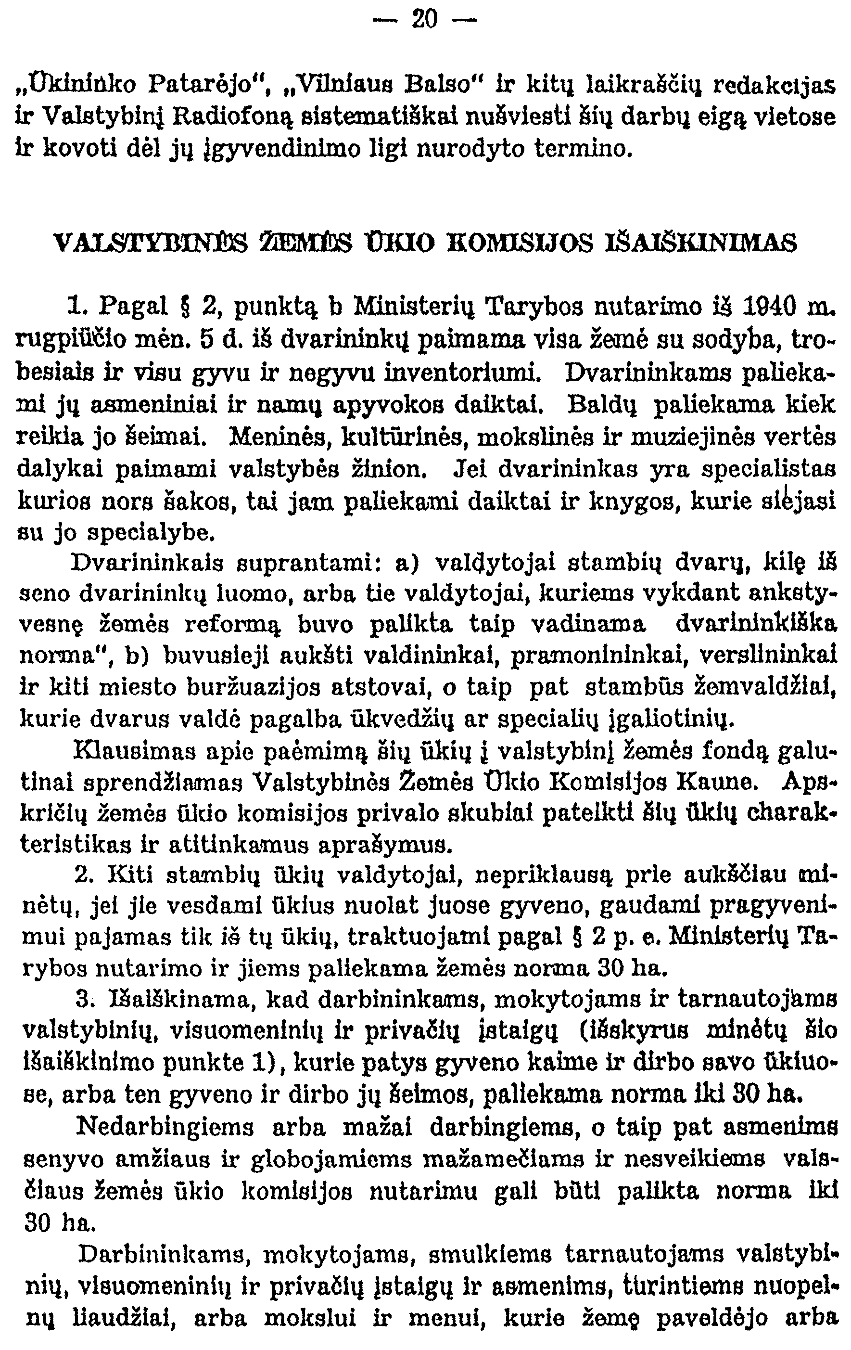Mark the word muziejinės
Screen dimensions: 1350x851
tap(686, 436)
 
